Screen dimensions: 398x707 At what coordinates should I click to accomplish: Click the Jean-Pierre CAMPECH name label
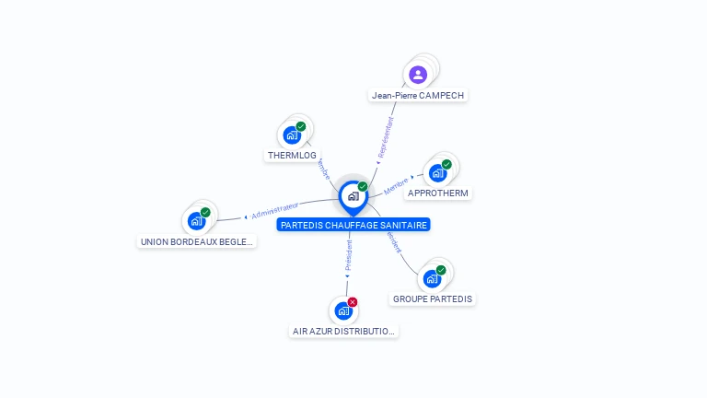click(418, 95)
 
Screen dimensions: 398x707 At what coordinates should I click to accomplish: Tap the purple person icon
click(418, 75)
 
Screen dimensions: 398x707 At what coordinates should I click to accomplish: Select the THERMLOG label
click(292, 156)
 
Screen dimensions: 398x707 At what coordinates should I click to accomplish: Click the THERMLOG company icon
click(292, 135)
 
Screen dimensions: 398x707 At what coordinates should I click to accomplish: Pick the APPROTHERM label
click(438, 193)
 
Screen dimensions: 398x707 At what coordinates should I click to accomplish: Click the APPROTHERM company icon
click(437, 173)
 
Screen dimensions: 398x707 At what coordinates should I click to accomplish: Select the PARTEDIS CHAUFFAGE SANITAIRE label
click(353, 225)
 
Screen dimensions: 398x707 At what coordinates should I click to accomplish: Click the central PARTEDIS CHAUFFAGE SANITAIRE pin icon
click(353, 196)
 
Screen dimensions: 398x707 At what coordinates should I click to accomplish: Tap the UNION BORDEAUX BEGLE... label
click(197, 241)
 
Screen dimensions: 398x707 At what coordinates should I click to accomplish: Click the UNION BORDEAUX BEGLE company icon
click(196, 221)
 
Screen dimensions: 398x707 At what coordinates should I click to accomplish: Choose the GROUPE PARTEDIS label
click(433, 298)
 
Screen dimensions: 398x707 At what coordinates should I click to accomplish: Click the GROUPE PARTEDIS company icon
click(432, 278)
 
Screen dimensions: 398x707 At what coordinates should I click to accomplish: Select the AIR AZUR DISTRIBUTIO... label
click(343, 331)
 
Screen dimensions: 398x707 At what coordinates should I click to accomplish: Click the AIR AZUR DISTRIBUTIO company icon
click(343, 310)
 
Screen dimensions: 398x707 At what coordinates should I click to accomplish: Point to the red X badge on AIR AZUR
click(353, 302)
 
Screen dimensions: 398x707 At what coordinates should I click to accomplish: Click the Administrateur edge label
click(275, 210)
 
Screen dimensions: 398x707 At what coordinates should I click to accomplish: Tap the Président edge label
click(348, 257)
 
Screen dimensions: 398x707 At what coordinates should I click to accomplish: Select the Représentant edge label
click(386, 136)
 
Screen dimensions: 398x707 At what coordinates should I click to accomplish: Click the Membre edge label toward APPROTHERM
click(397, 185)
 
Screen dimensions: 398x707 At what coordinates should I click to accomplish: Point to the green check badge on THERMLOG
click(301, 126)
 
